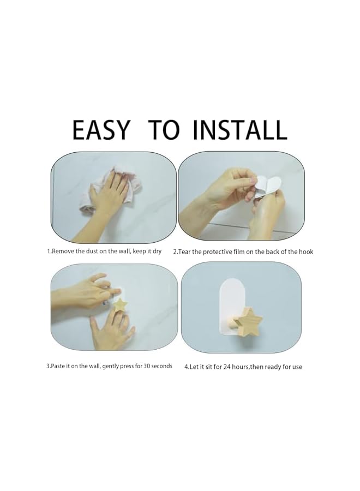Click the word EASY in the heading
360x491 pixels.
[100, 130]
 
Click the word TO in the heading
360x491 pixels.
[164, 130]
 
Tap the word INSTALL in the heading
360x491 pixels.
[239, 130]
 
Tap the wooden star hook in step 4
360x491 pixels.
[249, 321]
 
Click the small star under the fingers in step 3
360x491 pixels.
[119, 305]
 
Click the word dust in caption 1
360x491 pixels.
[92, 251]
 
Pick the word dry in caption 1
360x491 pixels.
[157, 252]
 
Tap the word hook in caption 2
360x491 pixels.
[306, 252]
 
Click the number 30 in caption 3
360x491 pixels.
[147, 366]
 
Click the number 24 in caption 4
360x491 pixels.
[227, 367]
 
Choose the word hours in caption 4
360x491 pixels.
[241, 367]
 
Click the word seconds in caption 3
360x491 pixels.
[162, 366]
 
